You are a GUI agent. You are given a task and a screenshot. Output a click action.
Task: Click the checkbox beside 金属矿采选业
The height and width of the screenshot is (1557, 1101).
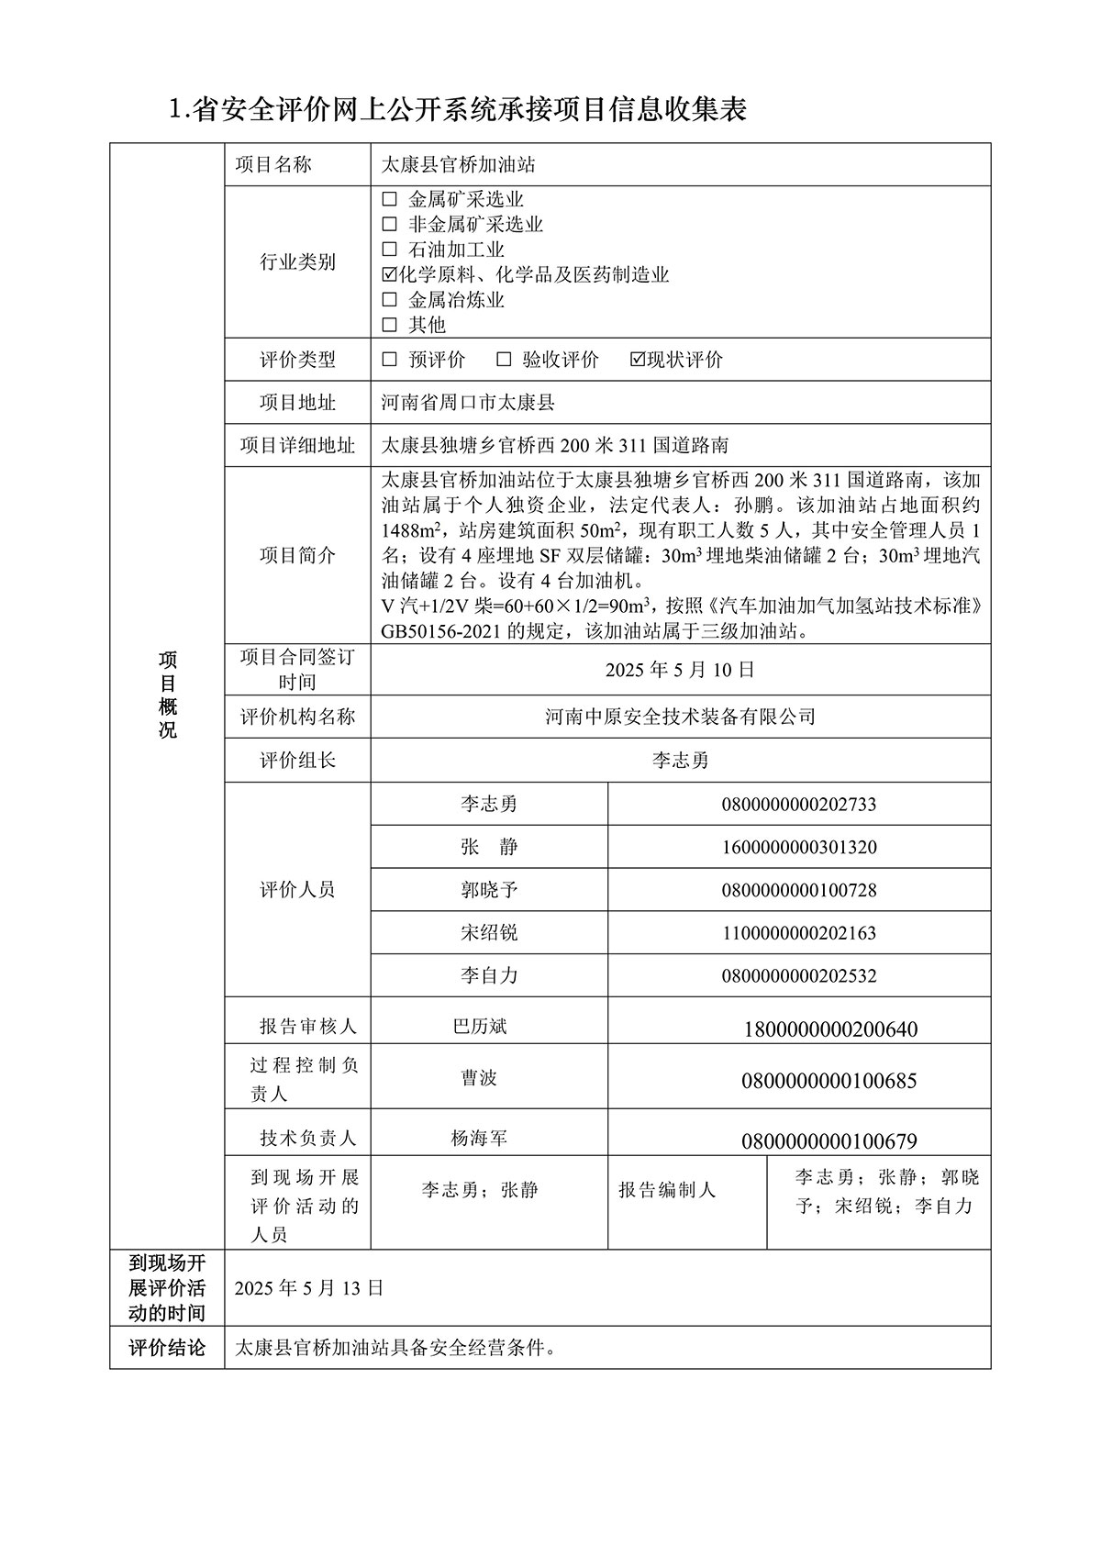click(389, 199)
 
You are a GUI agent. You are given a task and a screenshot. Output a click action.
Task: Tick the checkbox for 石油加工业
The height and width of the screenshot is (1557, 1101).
click(389, 250)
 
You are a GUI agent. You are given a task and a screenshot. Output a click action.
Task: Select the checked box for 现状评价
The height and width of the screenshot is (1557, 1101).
click(639, 360)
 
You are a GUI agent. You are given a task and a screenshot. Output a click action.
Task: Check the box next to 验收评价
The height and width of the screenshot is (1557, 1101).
click(504, 360)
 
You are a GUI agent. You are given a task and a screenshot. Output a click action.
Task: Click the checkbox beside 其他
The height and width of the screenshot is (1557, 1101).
click(389, 325)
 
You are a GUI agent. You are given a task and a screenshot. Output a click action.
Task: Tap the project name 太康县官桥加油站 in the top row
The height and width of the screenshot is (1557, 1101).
click(458, 165)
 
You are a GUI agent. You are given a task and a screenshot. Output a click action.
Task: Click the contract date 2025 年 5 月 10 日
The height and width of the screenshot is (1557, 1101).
click(680, 670)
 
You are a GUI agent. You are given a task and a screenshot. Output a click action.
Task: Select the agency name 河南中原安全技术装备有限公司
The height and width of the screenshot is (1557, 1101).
click(680, 717)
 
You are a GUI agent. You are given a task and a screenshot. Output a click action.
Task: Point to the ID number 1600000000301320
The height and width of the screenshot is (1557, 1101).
click(799, 847)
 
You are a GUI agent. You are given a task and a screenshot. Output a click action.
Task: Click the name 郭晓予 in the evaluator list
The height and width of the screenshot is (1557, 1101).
click(489, 890)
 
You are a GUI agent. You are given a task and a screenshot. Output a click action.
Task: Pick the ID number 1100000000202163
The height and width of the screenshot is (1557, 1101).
click(799, 933)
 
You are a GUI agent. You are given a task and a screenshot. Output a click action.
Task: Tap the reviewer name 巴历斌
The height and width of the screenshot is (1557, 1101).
click(480, 1027)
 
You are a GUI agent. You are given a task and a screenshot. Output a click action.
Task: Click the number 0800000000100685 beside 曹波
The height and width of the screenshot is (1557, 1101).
click(829, 1081)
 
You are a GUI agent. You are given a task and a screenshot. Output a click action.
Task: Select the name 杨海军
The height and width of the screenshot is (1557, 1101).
click(479, 1139)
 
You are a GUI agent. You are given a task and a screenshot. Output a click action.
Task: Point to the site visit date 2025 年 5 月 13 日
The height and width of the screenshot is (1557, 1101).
click(308, 1288)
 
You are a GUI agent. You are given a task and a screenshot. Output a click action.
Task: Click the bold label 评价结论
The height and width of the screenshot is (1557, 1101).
click(167, 1348)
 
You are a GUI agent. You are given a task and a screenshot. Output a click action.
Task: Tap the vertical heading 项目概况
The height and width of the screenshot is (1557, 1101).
click(167, 695)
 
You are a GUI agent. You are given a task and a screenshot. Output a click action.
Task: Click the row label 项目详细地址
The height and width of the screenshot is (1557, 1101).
click(297, 446)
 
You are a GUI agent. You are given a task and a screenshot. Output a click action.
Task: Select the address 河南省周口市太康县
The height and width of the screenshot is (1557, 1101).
click(468, 403)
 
